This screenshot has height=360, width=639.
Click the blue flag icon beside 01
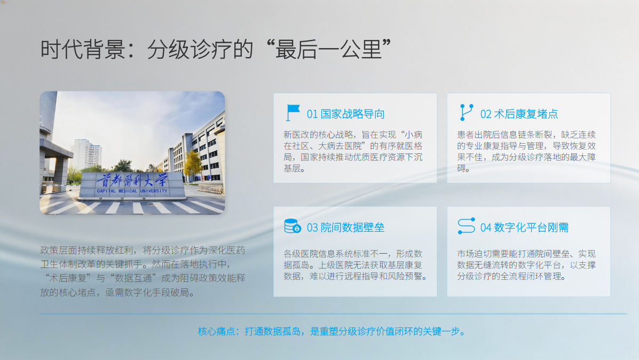click(x=292, y=113)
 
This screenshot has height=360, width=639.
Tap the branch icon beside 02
click(x=466, y=113)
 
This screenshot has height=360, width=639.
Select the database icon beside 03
click(x=292, y=226)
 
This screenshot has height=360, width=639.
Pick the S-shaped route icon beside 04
click(x=466, y=226)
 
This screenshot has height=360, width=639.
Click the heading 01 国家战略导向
click(x=345, y=114)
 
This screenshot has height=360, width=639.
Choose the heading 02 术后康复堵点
click(x=519, y=114)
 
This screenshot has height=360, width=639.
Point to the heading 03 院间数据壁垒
click(x=345, y=228)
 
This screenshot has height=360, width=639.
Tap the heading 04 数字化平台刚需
click(x=524, y=228)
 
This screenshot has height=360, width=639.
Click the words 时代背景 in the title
click(x=83, y=49)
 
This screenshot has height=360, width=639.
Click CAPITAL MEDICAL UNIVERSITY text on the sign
click(x=132, y=191)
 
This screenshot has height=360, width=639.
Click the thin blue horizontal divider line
click(x=333, y=314)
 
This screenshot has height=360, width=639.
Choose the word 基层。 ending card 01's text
click(x=295, y=168)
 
